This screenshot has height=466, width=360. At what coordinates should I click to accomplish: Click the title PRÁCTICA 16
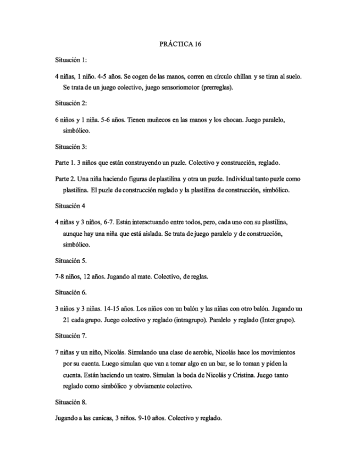click(180, 43)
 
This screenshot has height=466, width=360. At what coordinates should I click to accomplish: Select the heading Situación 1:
click(71, 59)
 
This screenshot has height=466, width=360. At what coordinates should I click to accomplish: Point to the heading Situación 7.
click(71, 335)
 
